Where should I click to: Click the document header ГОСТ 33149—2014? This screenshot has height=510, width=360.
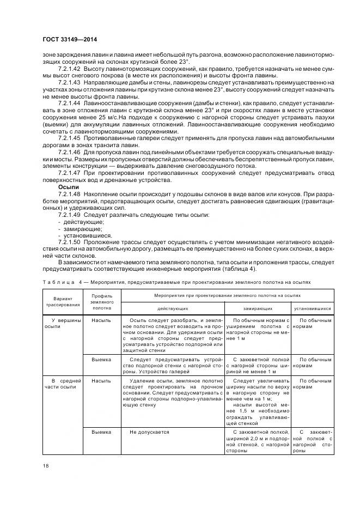[65, 40]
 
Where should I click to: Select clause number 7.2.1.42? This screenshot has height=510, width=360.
[70, 70]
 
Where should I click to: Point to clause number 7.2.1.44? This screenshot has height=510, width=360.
[70, 102]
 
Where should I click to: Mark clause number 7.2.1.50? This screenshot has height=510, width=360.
[70, 241]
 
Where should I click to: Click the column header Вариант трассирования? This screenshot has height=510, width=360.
[62, 302]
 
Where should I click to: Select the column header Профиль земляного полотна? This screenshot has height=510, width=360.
[102, 302]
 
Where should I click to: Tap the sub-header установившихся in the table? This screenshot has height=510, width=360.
[312, 309]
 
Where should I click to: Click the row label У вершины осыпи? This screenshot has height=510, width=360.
[62, 324]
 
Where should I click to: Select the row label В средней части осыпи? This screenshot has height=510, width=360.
[62, 384]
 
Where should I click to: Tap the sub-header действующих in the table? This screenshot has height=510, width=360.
[172, 309]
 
